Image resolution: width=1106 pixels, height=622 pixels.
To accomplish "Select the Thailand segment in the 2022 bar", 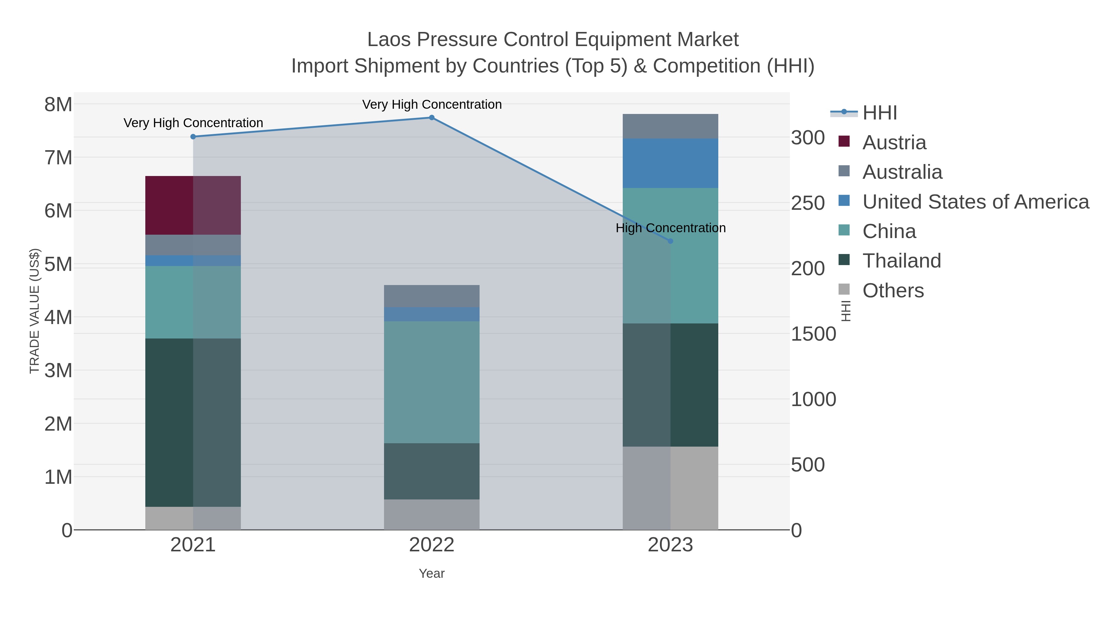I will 432,471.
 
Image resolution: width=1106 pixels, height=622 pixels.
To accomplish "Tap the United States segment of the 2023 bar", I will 670,163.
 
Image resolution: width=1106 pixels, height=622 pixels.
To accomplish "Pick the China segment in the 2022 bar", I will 432,382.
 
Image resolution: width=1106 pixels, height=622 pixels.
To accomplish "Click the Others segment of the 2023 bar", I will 670,488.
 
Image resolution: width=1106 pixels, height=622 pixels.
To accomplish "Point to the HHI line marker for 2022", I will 432,118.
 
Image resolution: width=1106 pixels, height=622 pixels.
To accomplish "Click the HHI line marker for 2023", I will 670,241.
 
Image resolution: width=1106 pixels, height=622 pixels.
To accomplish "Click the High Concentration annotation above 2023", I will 670,228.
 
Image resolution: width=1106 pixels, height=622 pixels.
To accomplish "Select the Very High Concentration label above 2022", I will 432,104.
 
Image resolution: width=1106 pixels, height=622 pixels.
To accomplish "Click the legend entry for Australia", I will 902,172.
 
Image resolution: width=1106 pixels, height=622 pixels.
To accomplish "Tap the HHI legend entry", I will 879,113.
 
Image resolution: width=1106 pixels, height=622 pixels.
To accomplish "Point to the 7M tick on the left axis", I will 58,158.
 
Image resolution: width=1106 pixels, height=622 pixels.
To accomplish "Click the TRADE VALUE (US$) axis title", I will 34,311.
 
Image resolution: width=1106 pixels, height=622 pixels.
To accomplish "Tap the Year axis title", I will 432,573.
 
